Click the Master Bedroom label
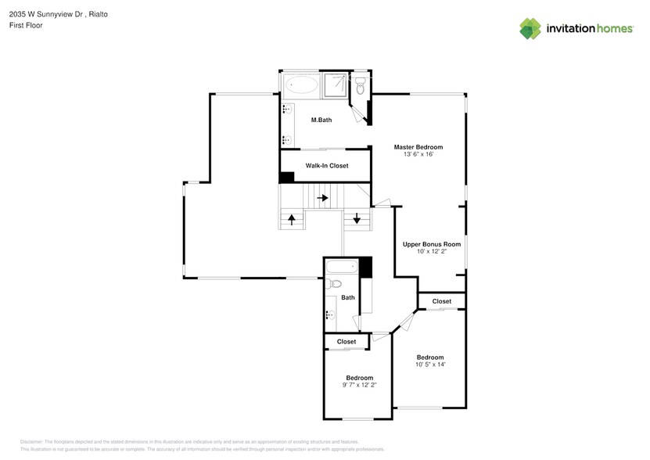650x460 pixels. tap(418, 147)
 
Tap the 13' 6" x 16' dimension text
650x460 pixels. tap(418, 155)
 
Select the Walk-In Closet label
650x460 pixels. tap(326, 166)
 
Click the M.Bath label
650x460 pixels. tap(322, 120)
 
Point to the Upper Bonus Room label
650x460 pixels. tap(431, 244)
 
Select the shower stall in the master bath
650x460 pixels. tap(336, 85)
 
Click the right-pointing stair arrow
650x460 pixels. tap(322, 198)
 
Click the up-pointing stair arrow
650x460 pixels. tap(292, 219)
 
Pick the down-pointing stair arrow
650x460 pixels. tap(357, 218)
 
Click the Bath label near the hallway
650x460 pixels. tap(347, 297)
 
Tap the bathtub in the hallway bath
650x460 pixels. tap(341, 268)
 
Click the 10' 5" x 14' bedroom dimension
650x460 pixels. tap(430, 365)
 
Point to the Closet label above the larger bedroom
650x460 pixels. tap(441, 301)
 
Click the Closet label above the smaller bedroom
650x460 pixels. tap(346, 342)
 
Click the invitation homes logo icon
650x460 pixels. tap(531, 30)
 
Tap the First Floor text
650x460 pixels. tap(26, 25)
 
